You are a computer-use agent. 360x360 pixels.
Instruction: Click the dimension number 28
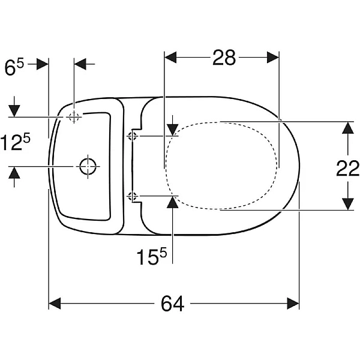[224, 58]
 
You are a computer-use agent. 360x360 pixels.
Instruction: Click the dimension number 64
[172, 303]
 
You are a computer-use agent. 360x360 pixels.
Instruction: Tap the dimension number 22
[347, 169]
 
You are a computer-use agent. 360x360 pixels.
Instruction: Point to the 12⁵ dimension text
[15, 142]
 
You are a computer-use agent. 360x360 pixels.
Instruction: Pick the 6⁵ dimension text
[14, 67]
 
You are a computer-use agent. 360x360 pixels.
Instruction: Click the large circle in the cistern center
[88, 166]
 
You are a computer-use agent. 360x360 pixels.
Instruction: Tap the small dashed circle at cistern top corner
[74, 118]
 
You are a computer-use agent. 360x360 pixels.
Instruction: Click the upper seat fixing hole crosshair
[133, 137]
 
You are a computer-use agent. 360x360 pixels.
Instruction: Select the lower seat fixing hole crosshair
[133, 197]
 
